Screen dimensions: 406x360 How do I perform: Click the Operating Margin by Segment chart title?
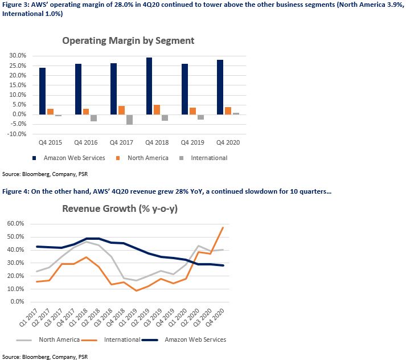tap(128, 41)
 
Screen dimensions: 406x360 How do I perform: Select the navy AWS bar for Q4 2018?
tap(149, 86)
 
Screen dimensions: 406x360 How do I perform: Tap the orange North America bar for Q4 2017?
tap(121, 111)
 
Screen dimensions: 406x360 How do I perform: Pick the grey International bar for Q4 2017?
tap(129, 120)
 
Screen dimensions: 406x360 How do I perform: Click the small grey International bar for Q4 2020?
tap(236, 114)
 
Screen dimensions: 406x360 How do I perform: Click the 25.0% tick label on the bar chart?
tap(18, 66)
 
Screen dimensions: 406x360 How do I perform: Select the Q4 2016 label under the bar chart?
tap(86, 142)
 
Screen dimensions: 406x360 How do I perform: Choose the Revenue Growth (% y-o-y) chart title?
tap(120, 208)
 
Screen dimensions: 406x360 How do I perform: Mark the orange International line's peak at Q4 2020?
tap(223, 227)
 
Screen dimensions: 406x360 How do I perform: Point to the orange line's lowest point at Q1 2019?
tap(136, 291)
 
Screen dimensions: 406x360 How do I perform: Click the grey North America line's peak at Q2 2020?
tap(198, 246)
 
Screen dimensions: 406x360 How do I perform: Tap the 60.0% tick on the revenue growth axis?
tap(15, 223)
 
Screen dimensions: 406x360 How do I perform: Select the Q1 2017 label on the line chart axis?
tap(28, 317)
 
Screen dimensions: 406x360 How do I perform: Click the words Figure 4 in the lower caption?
tap(15, 191)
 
